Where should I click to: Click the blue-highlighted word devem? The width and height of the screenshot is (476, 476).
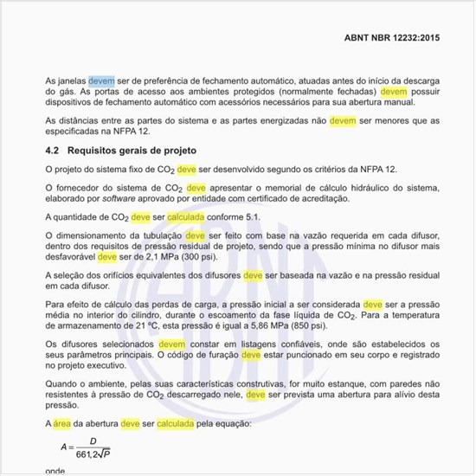[x=101, y=80]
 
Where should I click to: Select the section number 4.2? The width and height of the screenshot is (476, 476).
[x=53, y=150]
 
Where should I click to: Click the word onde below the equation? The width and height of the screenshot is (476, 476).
[x=55, y=473]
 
